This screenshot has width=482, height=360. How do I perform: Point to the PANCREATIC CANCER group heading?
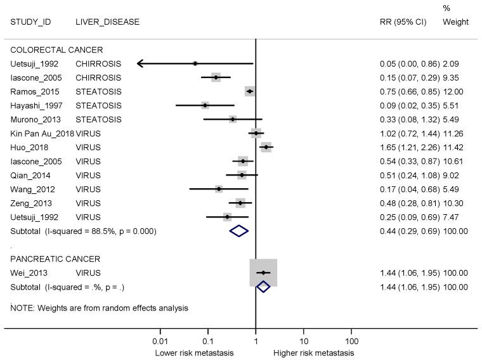pos(56,259)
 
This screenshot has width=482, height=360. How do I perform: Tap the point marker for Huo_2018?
pos(266,147)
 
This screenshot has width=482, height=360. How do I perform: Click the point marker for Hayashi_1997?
pos(205,105)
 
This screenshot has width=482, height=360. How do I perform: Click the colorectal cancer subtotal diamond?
pos(239,231)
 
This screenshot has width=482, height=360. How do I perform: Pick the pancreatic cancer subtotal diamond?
pos(263,287)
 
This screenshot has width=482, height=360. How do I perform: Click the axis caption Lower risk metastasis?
pos(194,353)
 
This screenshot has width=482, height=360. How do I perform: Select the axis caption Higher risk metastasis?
pos(313,353)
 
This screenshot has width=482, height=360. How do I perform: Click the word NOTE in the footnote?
pos(23,308)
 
